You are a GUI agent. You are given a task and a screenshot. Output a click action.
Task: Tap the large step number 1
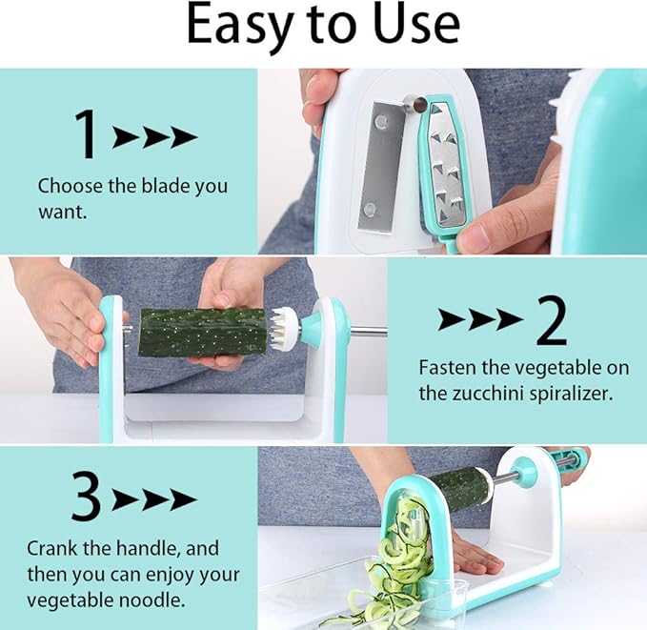[87, 134]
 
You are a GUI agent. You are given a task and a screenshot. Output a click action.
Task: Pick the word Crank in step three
[52, 549]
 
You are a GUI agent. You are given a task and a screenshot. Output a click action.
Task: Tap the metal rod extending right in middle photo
[367, 331]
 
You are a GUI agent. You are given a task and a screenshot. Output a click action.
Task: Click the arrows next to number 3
[153, 498]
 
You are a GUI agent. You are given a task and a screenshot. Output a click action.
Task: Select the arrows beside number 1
[154, 137]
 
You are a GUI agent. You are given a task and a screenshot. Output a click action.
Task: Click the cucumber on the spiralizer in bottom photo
[459, 488]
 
